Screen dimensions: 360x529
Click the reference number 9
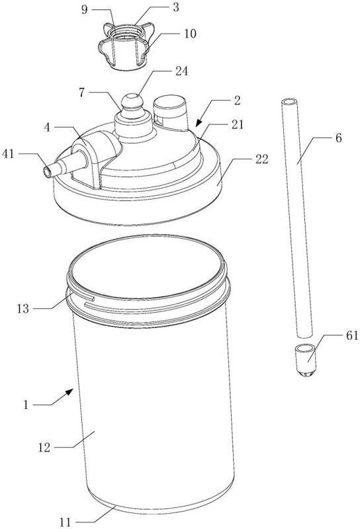click(85, 9)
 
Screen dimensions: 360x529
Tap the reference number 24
click(181, 71)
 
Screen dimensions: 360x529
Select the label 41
click(9, 154)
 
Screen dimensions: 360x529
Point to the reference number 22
click(261, 159)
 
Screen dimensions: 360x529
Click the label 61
click(351, 336)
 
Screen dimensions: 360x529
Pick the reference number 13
click(23, 309)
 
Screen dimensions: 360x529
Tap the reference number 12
click(44, 448)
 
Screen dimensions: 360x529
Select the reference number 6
click(338, 138)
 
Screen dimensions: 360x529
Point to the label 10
click(190, 34)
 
